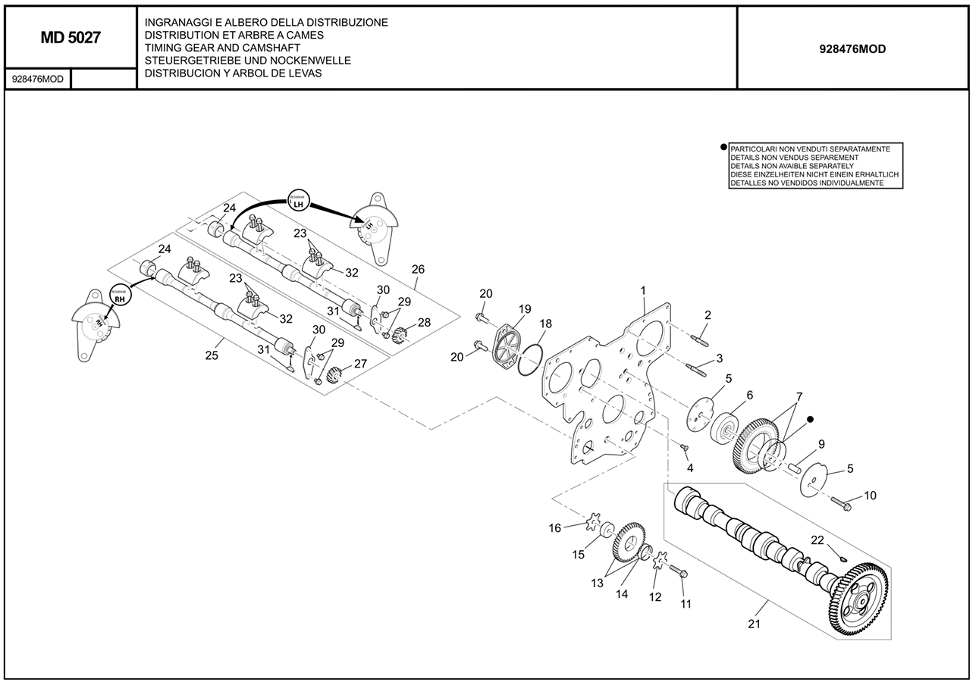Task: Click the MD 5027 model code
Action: (x=71, y=38)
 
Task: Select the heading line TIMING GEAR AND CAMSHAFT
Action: (x=222, y=48)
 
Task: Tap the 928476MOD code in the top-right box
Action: (x=852, y=49)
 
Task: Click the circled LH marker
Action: (x=298, y=201)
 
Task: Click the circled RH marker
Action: (x=119, y=295)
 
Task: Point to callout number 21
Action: (x=754, y=624)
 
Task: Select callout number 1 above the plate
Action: (x=643, y=290)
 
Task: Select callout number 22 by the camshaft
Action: (x=817, y=540)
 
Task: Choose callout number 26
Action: (x=418, y=269)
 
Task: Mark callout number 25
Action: (x=212, y=355)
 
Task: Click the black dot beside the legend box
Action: (x=723, y=148)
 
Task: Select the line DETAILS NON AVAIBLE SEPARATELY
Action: (x=792, y=166)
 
